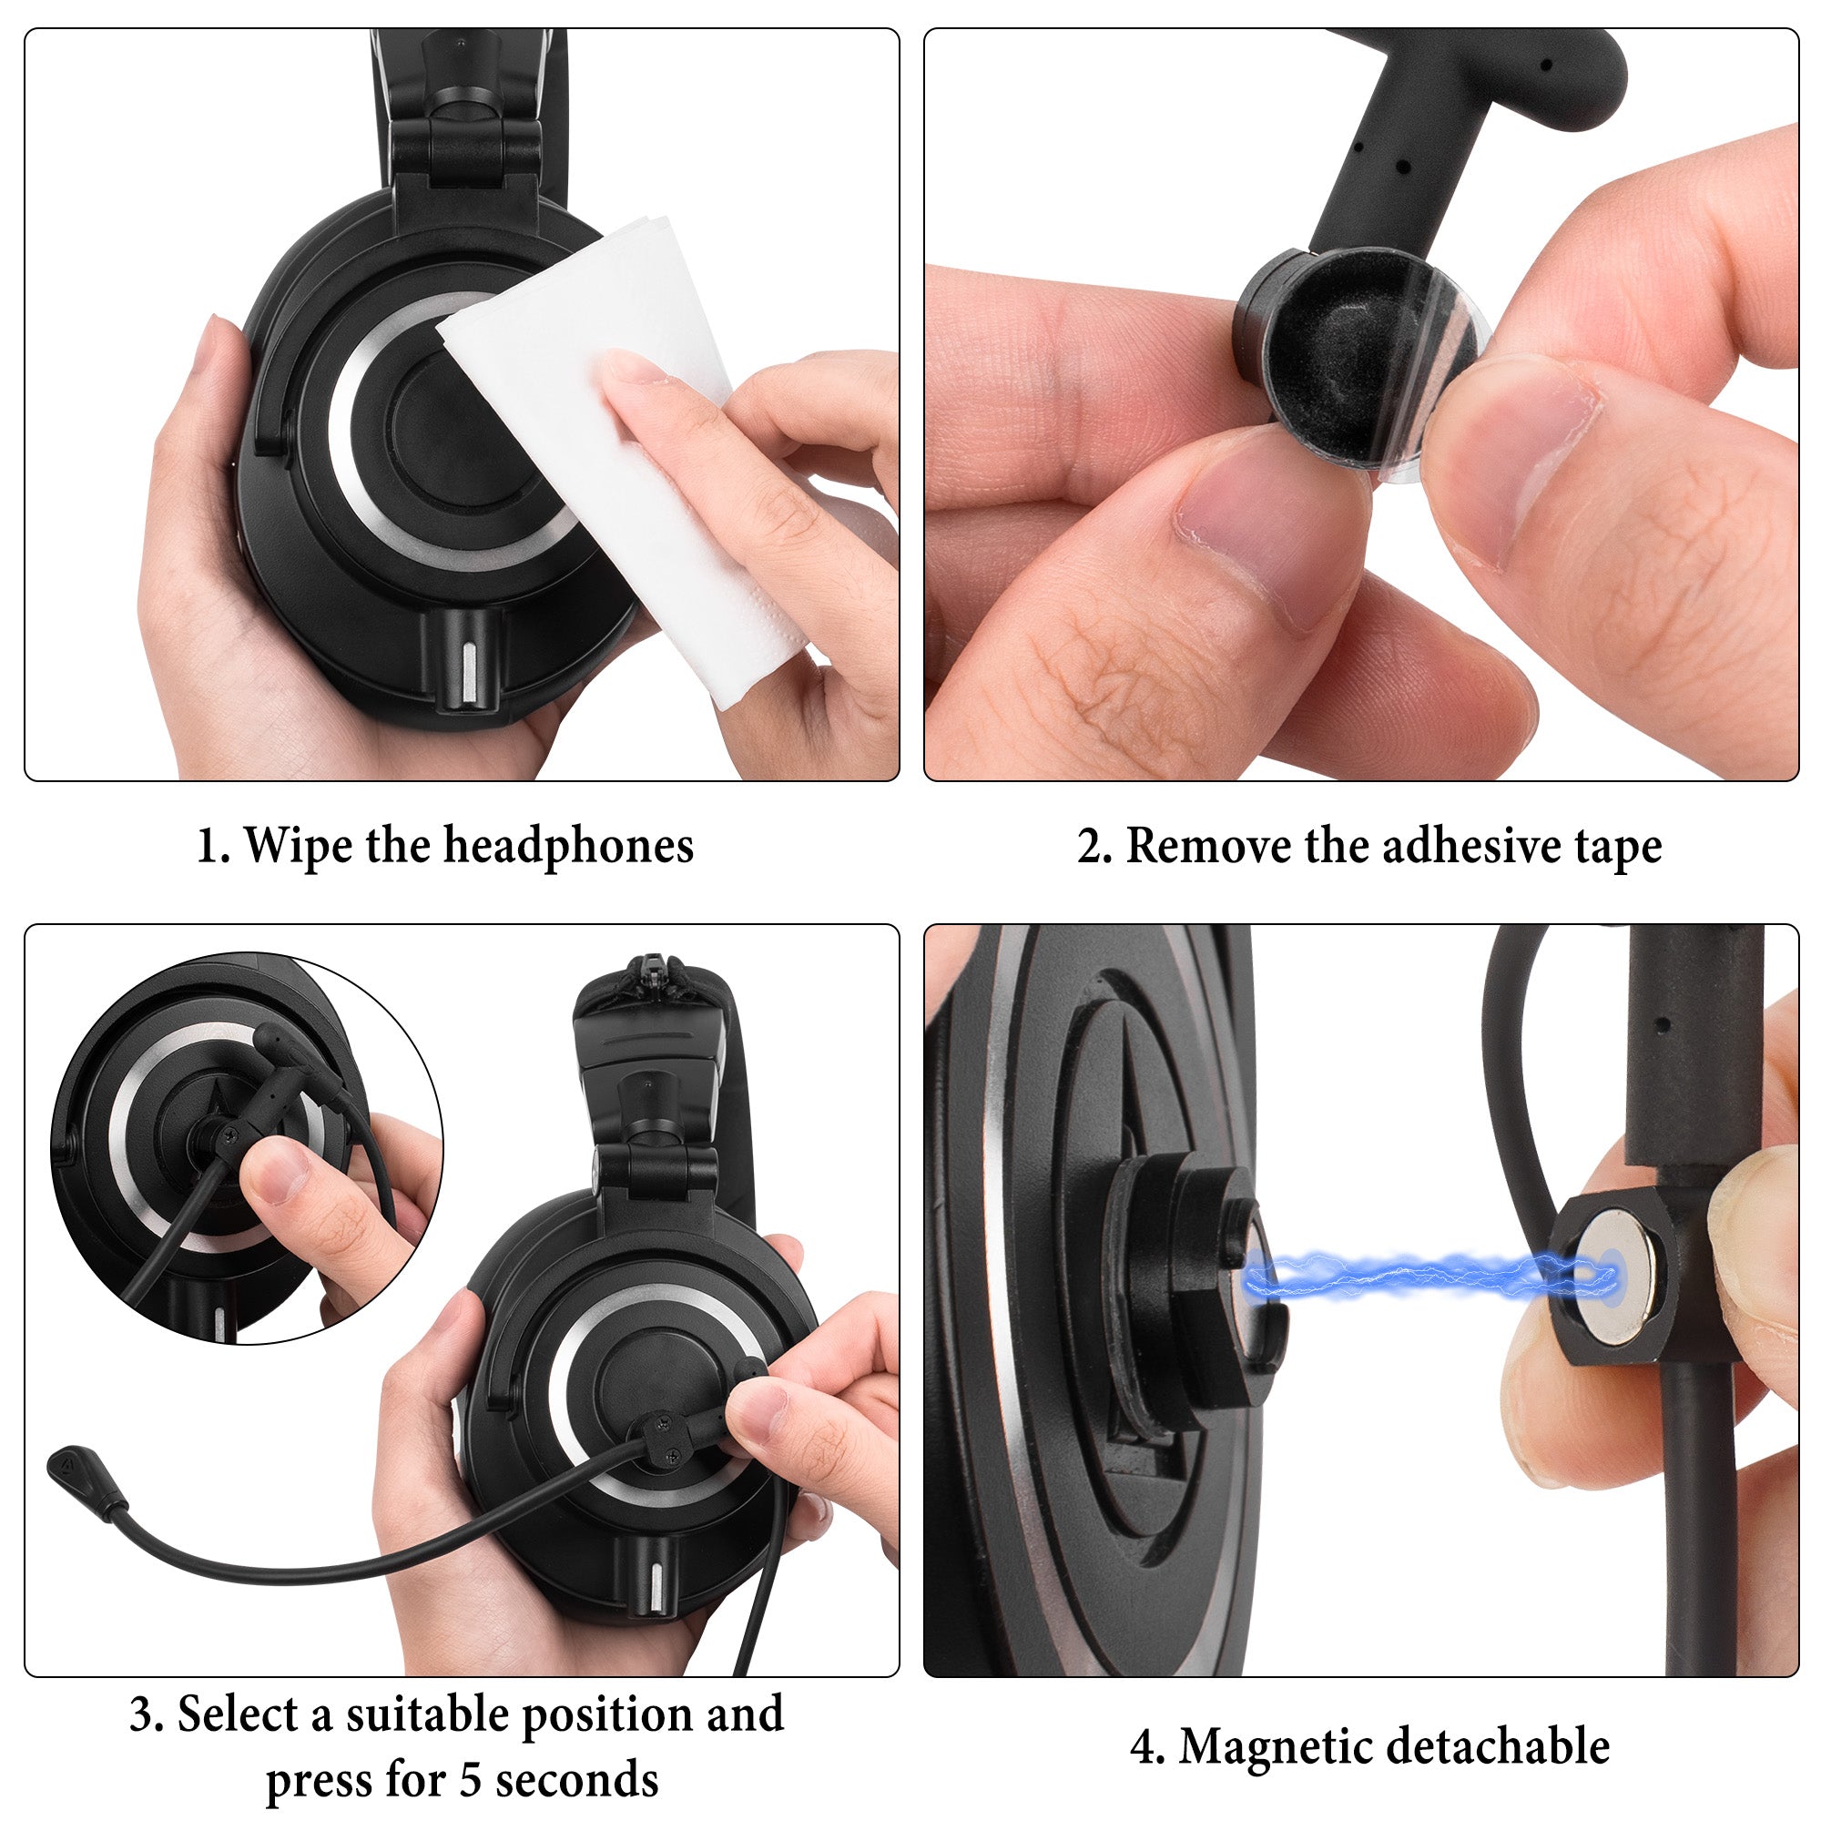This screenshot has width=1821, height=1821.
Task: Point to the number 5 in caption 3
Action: pos(472,1779)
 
